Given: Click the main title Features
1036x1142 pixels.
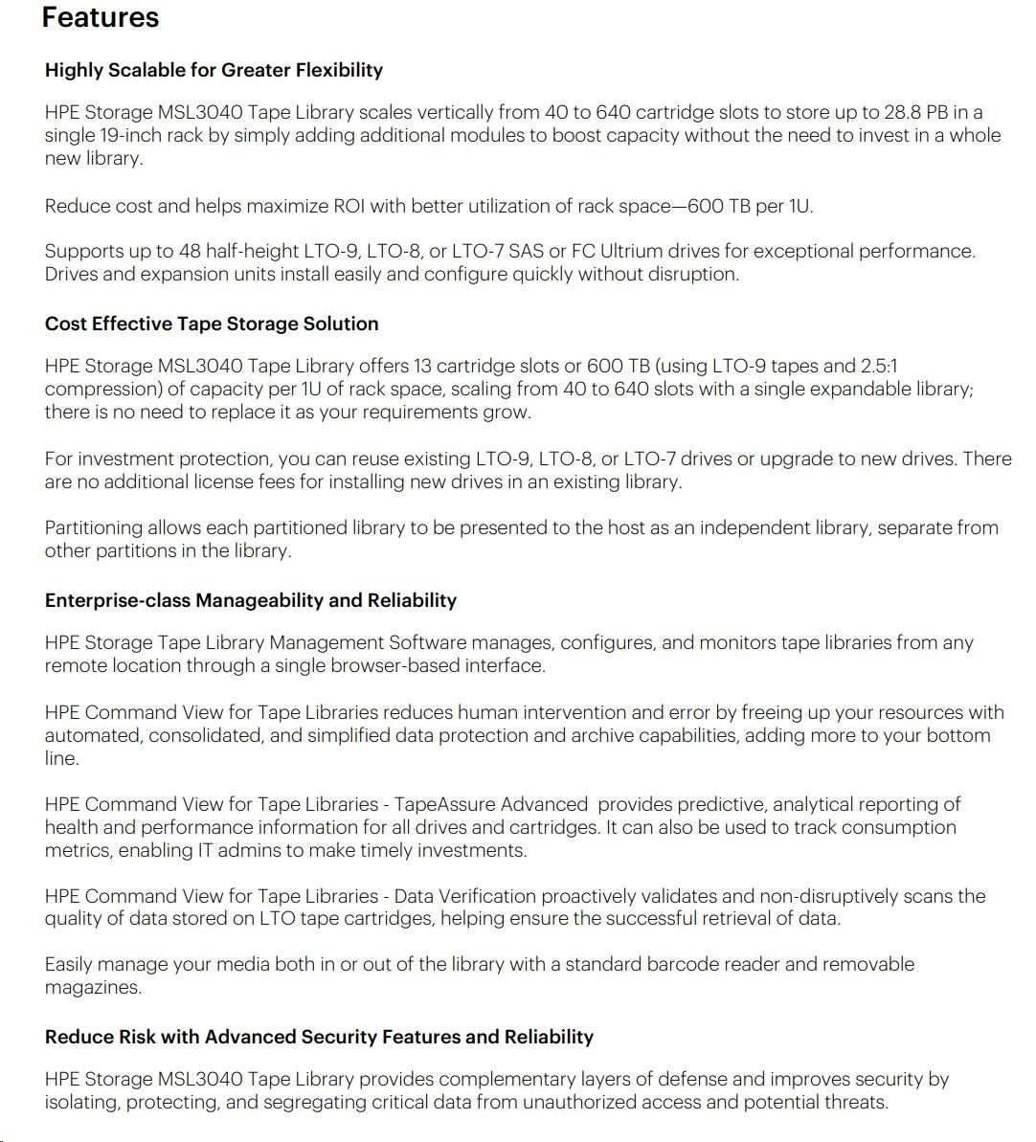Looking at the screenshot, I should click(100, 17).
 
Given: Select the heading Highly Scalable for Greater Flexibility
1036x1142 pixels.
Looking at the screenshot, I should click(214, 70).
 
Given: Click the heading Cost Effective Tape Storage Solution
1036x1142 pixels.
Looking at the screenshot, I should click(212, 324).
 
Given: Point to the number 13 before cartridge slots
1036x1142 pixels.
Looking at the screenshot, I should click(423, 366).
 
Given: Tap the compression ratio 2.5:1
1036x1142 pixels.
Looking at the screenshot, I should click(880, 366).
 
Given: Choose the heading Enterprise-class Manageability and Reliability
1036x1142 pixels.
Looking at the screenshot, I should click(251, 600).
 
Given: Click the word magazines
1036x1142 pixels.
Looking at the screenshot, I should click(93, 987).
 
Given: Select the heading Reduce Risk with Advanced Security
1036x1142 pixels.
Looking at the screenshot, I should click(319, 1037).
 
